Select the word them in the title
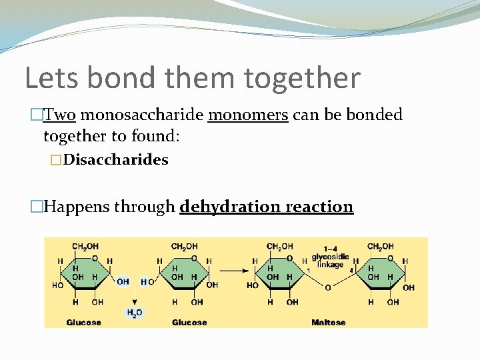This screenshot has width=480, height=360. (x=202, y=78)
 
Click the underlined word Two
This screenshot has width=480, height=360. (x=59, y=115)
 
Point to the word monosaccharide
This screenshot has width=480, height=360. (x=141, y=115)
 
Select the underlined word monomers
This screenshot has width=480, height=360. (x=248, y=115)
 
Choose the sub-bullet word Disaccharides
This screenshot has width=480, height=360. (x=115, y=160)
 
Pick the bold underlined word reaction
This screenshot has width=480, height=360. (x=319, y=207)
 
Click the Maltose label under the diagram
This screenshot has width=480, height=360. (x=328, y=323)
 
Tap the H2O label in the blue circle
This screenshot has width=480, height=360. (x=135, y=312)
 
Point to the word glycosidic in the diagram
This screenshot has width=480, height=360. (x=330, y=257)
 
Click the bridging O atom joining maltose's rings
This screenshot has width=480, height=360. (x=327, y=287)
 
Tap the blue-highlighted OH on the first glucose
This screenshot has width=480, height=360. (x=123, y=282)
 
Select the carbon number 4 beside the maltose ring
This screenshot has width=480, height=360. (x=351, y=270)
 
